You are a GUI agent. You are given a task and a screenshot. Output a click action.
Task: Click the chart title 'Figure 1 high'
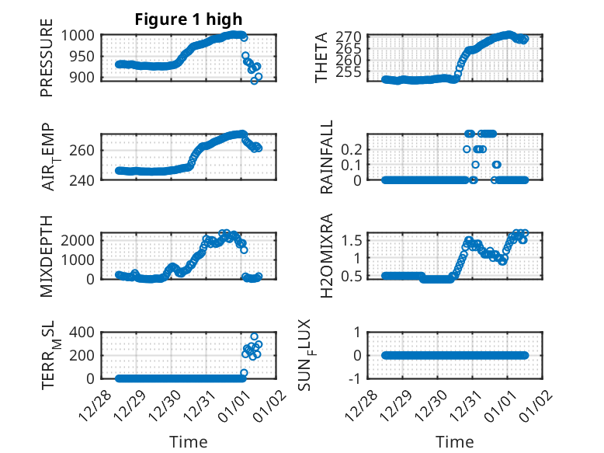coord(189,19)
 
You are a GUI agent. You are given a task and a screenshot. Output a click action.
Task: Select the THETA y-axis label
coord(321,57)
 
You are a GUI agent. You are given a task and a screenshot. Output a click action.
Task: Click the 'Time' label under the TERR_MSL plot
coord(189,442)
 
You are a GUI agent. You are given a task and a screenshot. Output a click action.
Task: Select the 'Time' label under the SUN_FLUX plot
coord(455,442)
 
